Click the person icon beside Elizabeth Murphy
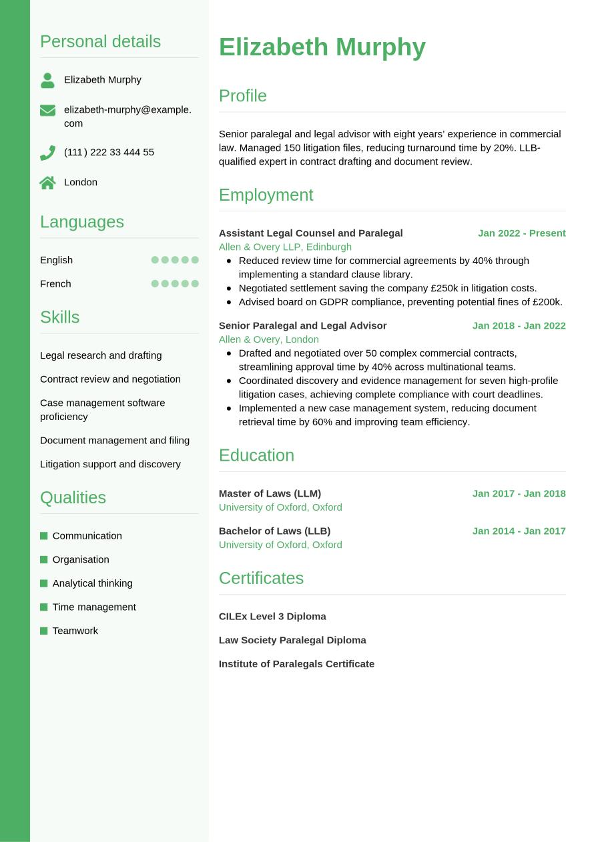click(x=47, y=80)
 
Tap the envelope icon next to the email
click(x=47, y=110)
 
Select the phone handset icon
click(x=47, y=153)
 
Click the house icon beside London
click(x=47, y=183)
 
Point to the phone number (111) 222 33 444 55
click(x=109, y=152)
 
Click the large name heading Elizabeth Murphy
click(x=322, y=47)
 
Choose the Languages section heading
click(x=82, y=221)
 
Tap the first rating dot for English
click(x=155, y=260)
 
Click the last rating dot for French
click(x=195, y=283)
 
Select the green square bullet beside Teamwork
click(x=44, y=631)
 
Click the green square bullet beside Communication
click(x=44, y=536)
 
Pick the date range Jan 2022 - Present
click(x=521, y=233)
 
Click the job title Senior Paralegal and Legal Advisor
click(x=302, y=325)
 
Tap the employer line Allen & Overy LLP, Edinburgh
click(x=285, y=247)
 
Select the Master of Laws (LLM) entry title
click(x=270, y=493)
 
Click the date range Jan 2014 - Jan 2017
click(x=519, y=531)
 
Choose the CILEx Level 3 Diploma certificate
click(x=272, y=616)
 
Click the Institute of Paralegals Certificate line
click(x=296, y=663)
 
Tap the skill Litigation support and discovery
click(x=110, y=464)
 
